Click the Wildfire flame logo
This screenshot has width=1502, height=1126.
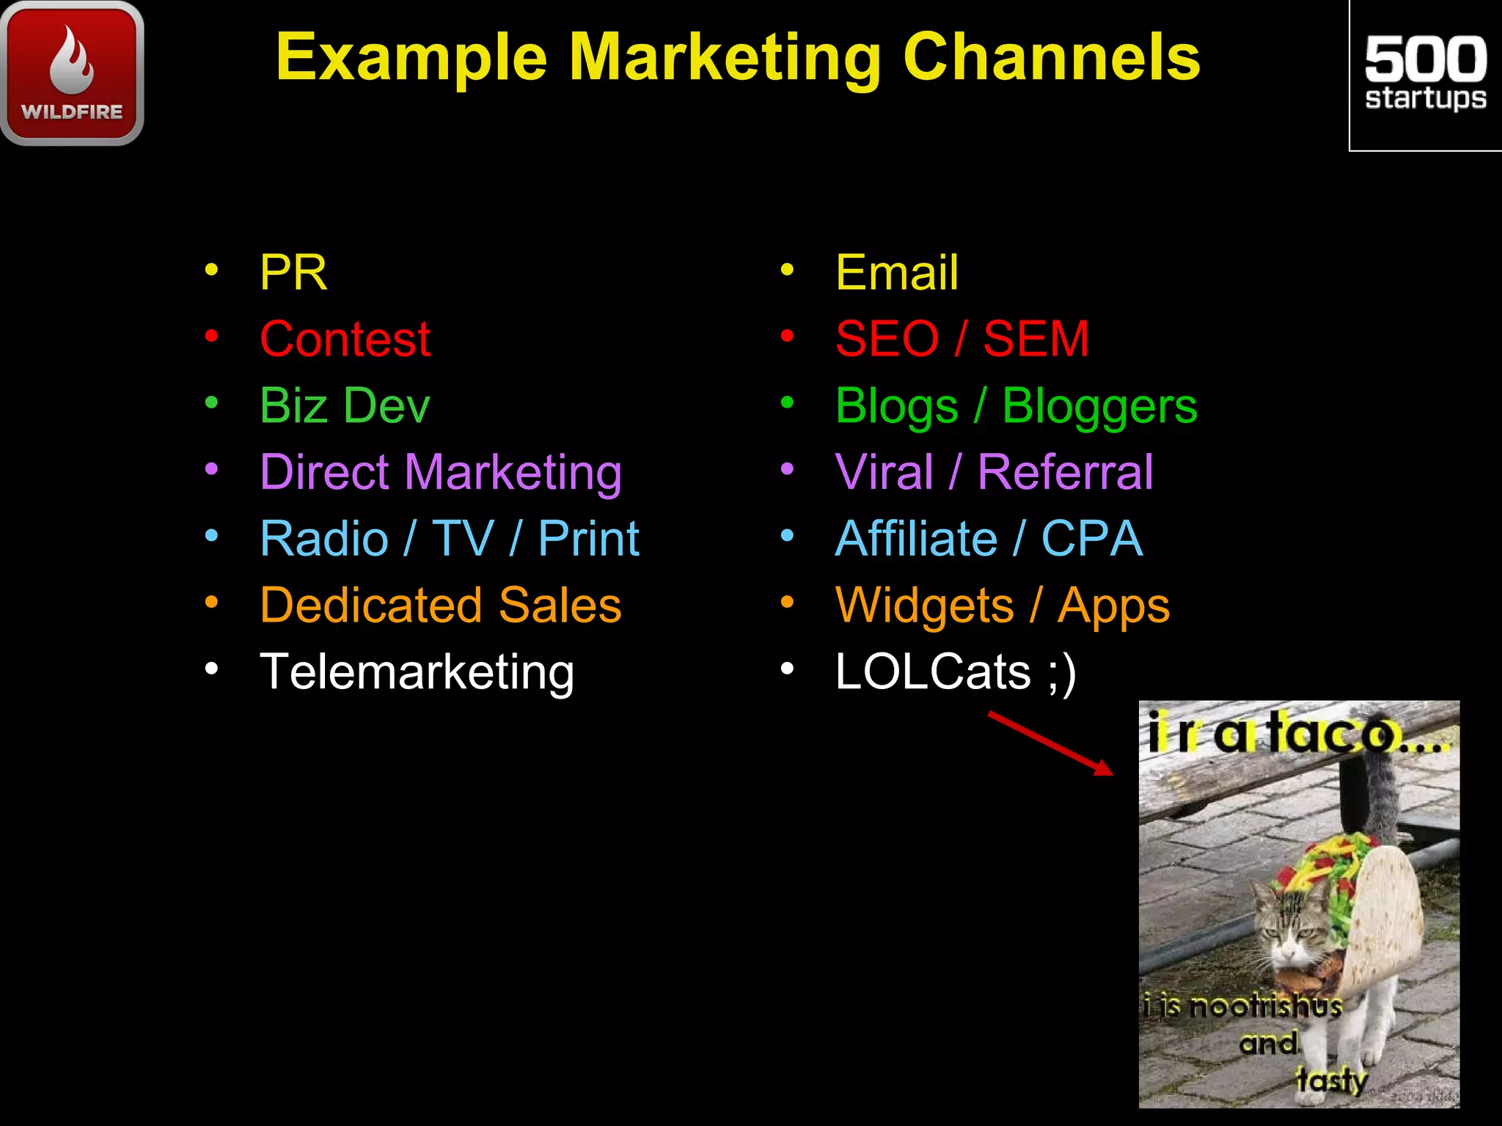(72, 72)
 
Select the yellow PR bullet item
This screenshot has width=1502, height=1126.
(293, 273)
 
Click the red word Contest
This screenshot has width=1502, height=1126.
(345, 339)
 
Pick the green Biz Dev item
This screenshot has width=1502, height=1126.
(345, 405)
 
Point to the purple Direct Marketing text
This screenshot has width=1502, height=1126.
(441, 472)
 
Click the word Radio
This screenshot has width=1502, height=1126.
(324, 539)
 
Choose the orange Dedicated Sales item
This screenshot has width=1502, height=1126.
(441, 606)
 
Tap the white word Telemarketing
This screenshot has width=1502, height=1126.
(417, 672)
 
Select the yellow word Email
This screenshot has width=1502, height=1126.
(896, 273)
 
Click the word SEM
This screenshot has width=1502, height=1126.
(1036, 339)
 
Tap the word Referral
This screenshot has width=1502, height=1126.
(1065, 472)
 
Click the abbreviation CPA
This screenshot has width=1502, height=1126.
(1092, 539)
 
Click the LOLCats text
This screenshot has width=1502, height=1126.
(933, 672)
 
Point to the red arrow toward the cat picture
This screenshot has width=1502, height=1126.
(1050, 743)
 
